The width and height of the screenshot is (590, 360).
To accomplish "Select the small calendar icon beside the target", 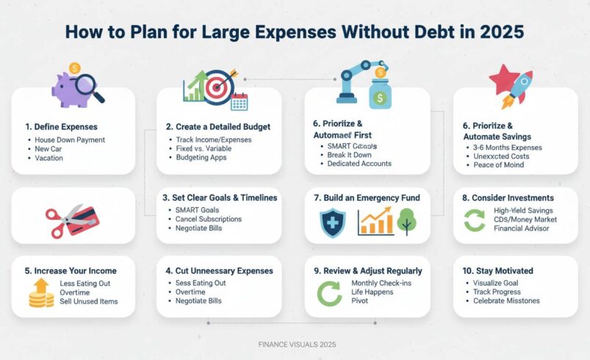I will click(x=240, y=101).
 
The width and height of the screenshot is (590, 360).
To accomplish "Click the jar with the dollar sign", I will click(x=380, y=93).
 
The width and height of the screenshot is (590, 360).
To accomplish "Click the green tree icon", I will click(x=406, y=221).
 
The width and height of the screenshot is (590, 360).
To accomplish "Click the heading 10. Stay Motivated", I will click(x=498, y=271).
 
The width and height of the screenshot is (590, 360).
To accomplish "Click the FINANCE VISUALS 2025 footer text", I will click(x=297, y=344).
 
